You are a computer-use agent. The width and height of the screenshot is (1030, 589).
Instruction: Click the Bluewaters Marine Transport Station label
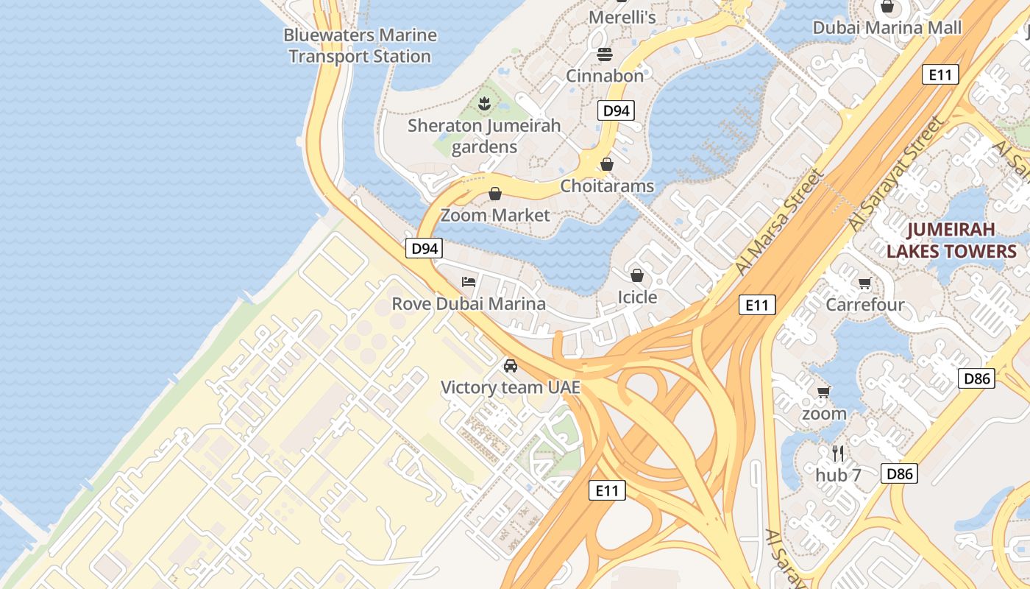click(360, 46)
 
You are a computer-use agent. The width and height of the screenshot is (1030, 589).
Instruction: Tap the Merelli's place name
click(622, 16)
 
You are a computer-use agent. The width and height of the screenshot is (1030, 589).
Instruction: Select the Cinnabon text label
click(605, 75)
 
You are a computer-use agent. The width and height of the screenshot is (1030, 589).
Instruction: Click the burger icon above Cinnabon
click(605, 54)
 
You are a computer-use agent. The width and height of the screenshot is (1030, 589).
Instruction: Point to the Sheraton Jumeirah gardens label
click(484, 136)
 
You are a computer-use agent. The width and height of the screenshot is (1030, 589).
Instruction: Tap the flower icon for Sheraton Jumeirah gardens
click(484, 104)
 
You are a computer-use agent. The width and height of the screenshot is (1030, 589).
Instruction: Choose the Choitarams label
click(607, 186)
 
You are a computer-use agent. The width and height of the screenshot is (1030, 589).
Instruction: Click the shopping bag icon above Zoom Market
click(495, 194)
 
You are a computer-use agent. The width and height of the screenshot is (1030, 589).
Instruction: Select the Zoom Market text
click(495, 215)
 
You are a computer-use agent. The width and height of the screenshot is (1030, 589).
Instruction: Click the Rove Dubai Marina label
click(469, 303)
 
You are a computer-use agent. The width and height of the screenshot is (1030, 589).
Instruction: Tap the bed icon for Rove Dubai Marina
click(469, 281)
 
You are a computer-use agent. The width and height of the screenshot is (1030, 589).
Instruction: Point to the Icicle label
click(637, 297)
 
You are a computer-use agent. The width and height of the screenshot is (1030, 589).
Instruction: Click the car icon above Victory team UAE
click(510, 365)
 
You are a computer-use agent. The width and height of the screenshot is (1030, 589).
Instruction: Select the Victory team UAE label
click(510, 387)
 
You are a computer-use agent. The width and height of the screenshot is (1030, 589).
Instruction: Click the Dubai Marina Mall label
click(887, 28)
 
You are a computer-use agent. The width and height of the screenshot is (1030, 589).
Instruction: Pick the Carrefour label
click(865, 304)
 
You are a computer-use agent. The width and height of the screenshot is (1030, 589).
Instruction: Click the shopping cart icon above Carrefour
click(865, 283)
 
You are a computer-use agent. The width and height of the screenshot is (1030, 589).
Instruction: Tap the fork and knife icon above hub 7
click(837, 453)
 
